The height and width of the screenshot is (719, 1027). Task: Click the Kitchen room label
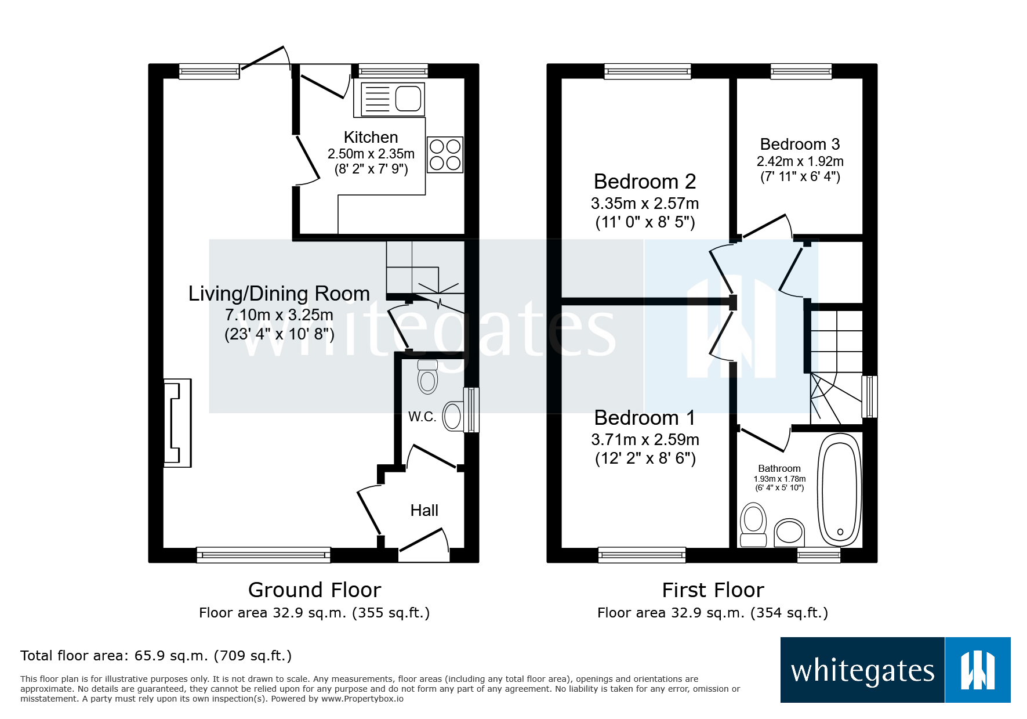tap(371, 138)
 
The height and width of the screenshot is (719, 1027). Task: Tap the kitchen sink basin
tap(408, 99)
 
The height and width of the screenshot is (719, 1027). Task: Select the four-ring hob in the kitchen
tap(445, 155)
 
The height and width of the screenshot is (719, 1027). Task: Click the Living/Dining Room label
tap(279, 294)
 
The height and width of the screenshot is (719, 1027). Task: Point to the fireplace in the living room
tap(177, 422)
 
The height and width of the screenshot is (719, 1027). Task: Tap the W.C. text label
tap(422, 417)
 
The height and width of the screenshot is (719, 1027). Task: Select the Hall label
tap(424, 511)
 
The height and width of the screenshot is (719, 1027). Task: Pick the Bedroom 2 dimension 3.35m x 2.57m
tap(645, 204)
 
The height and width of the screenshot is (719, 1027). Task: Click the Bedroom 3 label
tap(800, 144)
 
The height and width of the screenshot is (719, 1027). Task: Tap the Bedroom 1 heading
tap(645, 418)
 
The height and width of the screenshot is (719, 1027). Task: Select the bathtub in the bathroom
tap(839, 490)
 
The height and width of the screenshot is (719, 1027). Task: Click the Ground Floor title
tap(314, 590)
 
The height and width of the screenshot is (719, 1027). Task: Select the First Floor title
tap(713, 590)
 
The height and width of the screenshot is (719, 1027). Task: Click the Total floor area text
tap(156, 656)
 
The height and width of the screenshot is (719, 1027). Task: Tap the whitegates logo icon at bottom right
tap(978, 670)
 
